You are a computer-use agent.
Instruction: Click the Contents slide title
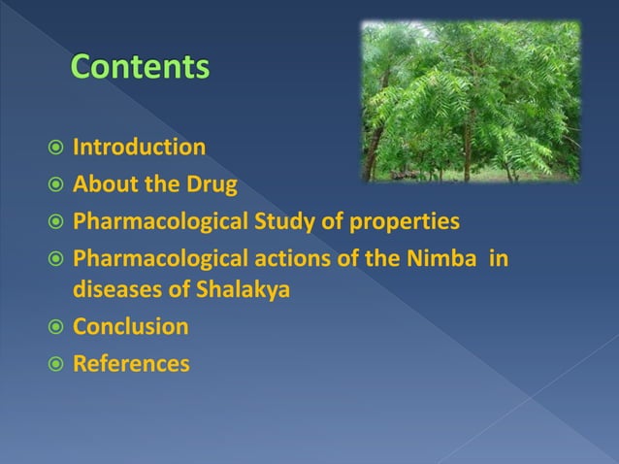point(140,68)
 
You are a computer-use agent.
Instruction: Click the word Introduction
point(139,148)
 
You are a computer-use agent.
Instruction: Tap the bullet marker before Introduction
point(57,149)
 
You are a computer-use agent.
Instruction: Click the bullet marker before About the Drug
point(57,184)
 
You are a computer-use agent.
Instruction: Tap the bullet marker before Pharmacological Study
point(57,222)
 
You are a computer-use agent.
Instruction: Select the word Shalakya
point(231,289)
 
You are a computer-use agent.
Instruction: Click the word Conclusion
point(131,327)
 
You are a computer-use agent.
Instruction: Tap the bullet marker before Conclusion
point(57,327)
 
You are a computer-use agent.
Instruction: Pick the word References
point(131,364)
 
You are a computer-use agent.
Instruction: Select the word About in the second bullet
point(102,184)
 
